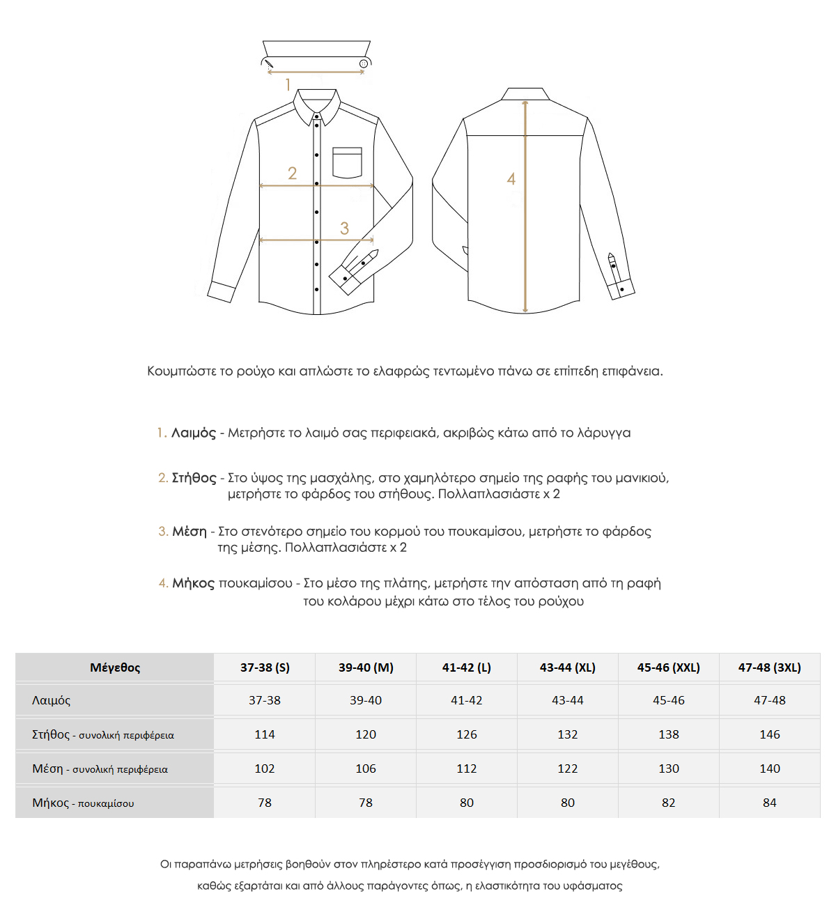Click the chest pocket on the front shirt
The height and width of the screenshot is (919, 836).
coord(347,162)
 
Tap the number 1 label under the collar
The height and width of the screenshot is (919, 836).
coord(288,85)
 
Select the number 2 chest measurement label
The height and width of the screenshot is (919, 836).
coord(292,173)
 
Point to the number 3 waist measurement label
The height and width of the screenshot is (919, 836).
coord(344,228)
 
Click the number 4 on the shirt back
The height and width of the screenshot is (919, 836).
coord(511,179)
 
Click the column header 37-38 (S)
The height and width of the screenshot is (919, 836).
coord(265,667)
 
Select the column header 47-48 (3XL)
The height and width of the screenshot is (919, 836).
coord(769,667)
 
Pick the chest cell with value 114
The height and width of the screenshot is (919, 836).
coord(265,734)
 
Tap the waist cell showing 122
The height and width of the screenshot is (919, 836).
coord(567,769)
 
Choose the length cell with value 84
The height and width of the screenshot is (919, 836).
coord(769,803)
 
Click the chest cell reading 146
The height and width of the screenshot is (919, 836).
coord(769,734)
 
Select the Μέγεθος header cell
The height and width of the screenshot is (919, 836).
coord(115,667)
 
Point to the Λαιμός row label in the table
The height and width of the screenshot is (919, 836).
coord(52,700)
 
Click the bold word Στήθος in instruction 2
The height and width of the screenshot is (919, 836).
coord(194,478)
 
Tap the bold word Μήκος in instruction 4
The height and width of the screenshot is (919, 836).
coord(194,583)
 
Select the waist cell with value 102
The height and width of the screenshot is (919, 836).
coord(265,769)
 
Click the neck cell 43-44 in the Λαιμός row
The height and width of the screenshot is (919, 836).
coord(567,700)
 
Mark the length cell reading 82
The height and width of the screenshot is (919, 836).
coord(668,803)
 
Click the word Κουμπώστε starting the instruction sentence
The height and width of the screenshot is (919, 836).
coord(181,371)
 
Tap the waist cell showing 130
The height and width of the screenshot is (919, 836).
coord(668,769)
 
